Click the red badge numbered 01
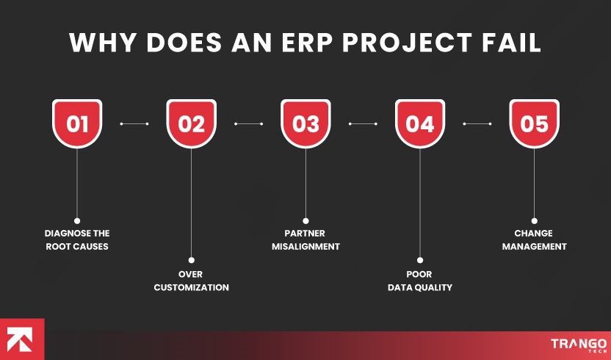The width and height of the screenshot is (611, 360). click(77, 123)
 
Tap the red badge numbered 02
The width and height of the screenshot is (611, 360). click(191, 123)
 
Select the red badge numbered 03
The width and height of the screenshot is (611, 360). click(305, 123)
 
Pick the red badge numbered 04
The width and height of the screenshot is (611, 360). click(420, 123)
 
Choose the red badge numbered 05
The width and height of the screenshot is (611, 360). click(534, 123)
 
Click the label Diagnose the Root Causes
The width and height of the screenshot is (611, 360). click(76, 240)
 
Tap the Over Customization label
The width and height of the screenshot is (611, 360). click(191, 280)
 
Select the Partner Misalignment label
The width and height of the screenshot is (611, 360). click(305, 240)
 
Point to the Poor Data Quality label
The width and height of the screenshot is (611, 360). click(420, 280)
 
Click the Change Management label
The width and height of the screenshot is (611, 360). click(534, 240)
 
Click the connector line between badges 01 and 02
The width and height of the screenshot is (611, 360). click(134, 123)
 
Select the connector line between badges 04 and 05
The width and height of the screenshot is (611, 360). click(477, 123)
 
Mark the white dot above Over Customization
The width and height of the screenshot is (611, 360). click(191, 260)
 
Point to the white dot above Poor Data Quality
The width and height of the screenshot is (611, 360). click(420, 260)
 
